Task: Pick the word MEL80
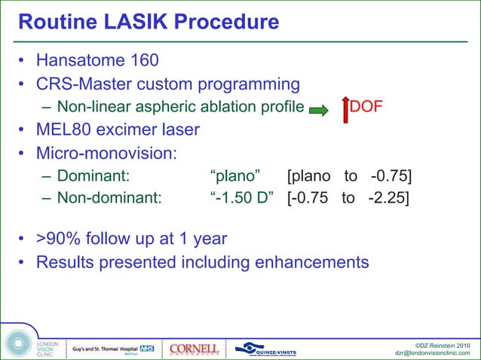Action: tap(63, 130)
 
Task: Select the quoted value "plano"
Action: tap(235, 177)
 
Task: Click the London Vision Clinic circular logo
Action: tap(17, 343)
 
